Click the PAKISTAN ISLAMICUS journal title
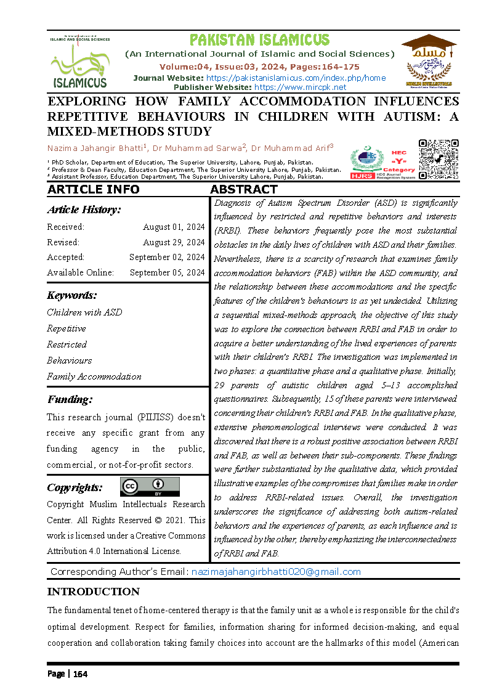(259, 40)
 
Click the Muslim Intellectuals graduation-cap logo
(428, 60)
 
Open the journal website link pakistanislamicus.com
(296, 78)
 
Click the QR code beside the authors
(438, 160)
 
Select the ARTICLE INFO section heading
(94, 189)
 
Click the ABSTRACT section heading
(244, 189)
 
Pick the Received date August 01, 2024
(174, 227)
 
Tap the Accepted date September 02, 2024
(167, 257)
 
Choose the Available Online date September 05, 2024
(167, 272)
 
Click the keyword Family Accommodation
(94, 377)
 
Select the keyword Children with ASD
(84, 312)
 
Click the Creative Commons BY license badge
(150, 487)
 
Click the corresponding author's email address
(276, 572)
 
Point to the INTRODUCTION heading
(94, 592)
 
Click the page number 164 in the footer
(81, 674)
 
